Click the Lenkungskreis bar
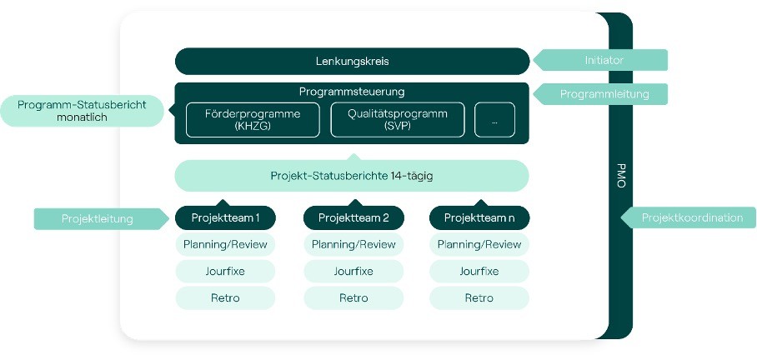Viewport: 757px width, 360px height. pos(352,62)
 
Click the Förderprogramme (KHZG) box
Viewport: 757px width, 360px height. pos(253,120)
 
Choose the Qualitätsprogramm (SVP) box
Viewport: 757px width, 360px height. pos(398,120)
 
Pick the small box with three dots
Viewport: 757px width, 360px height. pos(495,120)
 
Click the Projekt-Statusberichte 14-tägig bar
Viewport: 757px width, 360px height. pos(352,176)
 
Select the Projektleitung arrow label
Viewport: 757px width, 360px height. pos(100,218)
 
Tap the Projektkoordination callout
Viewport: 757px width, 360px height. pos(688,217)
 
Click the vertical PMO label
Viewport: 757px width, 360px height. pos(621,176)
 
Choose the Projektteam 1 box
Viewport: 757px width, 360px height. pos(225,217)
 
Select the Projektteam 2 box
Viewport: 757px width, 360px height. pos(353,217)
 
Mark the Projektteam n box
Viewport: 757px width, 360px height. pos(479,217)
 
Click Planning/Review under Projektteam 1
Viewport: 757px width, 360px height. pos(225,245)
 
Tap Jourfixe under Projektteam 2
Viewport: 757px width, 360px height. pos(353,271)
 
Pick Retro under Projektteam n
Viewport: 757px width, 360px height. pos(479,297)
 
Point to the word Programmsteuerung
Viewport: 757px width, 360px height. pos(352,91)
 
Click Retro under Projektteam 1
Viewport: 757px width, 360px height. pos(225,297)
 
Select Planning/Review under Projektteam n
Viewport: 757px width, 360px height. pos(479,245)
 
